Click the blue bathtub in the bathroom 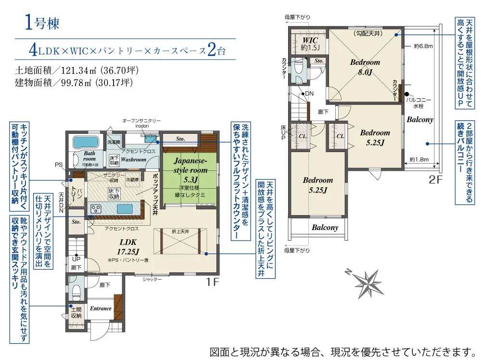[x=86, y=143]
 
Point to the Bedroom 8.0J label [x=365, y=67]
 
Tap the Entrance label [x=101, y=309]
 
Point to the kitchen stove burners [x=96, y=209]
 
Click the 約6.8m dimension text [x=423, y=47]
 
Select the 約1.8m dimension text [x=419, y=159]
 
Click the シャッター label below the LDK [x=152, y=279]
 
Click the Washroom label [x=133, y=159]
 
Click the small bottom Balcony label [x=325, y=228]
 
